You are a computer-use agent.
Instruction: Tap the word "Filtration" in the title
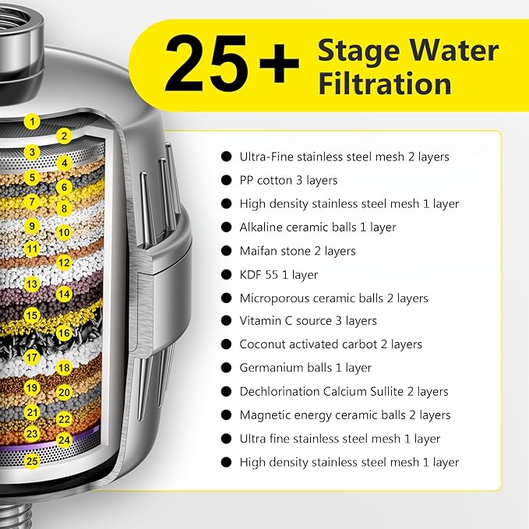384,83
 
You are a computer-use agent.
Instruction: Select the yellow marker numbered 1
31,121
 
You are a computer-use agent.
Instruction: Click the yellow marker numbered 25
31,460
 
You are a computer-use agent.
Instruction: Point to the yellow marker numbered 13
31,285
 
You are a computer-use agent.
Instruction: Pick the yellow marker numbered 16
65,333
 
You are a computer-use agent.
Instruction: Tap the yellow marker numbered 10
65,232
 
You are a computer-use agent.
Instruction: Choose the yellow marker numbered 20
65,393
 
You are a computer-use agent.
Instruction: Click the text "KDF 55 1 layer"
279,274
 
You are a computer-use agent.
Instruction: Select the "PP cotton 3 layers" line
288,180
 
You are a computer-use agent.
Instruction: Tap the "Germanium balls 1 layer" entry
305,368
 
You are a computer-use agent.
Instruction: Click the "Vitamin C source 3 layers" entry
308,321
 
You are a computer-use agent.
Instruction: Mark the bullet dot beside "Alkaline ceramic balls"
227,227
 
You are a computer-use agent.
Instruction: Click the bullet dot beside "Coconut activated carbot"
227,344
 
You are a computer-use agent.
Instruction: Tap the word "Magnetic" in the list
264,415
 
